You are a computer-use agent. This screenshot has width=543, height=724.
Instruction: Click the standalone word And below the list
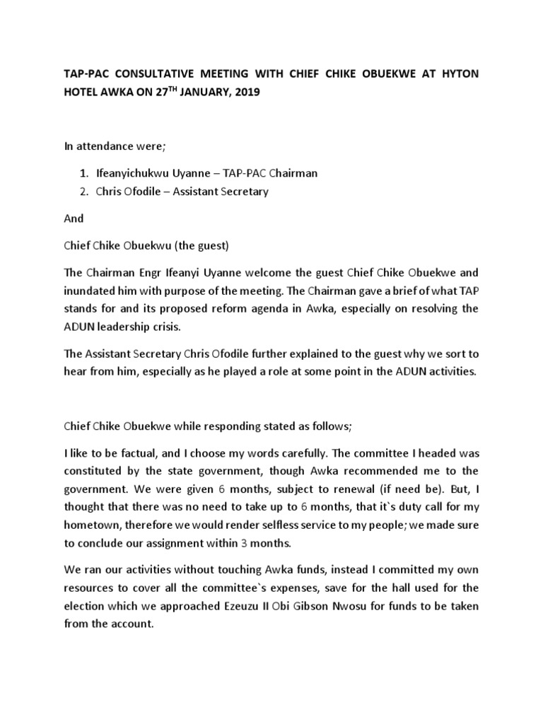point(74,219)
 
